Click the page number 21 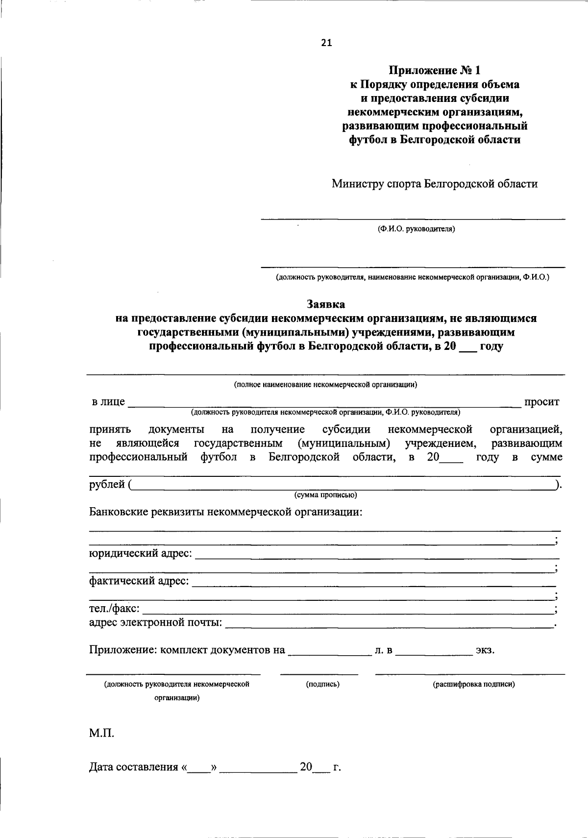(x=326, y=43)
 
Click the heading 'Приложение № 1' (x=434, y=71)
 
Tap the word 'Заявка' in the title (x=326, y=304)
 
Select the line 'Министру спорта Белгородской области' (x=434, y=184)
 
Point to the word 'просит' (x=541, y=402)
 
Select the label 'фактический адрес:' (x=139, y=581)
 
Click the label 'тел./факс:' (x=114, y=609)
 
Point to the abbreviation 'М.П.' (x=101, y=734)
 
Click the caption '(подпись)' (x=322, y=684)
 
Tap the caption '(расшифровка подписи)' (x=473, y=684)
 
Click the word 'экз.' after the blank (x=485, y=651)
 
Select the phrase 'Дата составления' (x=133, y=767)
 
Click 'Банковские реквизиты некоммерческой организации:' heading (x=226, y=513)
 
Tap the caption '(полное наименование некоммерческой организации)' (x=325, y=384)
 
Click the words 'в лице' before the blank (x=108, y=402)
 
